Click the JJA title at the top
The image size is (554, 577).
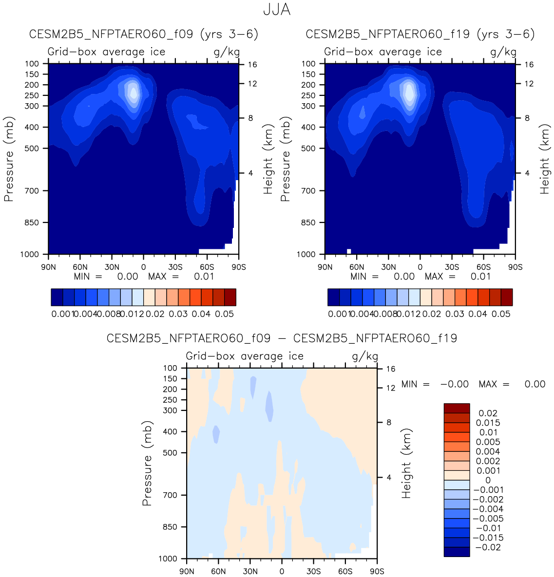pos(277,10)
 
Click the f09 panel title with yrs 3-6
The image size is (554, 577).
pos(144,35)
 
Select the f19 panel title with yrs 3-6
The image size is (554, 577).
pos(420,35)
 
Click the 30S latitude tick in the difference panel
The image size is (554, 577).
pos(313,571)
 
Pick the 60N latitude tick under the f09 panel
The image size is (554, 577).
pos(80,267)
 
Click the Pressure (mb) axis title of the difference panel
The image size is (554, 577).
pos(147,463)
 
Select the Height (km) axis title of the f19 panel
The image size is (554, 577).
pos(544,159)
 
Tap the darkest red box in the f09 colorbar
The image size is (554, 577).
pos(230,297)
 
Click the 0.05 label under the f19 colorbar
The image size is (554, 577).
pos(501,314)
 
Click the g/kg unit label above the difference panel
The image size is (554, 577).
pos(365,356)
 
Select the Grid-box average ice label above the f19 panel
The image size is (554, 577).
pos(383,52)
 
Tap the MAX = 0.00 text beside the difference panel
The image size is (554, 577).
pos(512,384)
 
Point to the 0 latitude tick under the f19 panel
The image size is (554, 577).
pos(420,267)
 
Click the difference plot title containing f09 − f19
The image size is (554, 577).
pos(282,338)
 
